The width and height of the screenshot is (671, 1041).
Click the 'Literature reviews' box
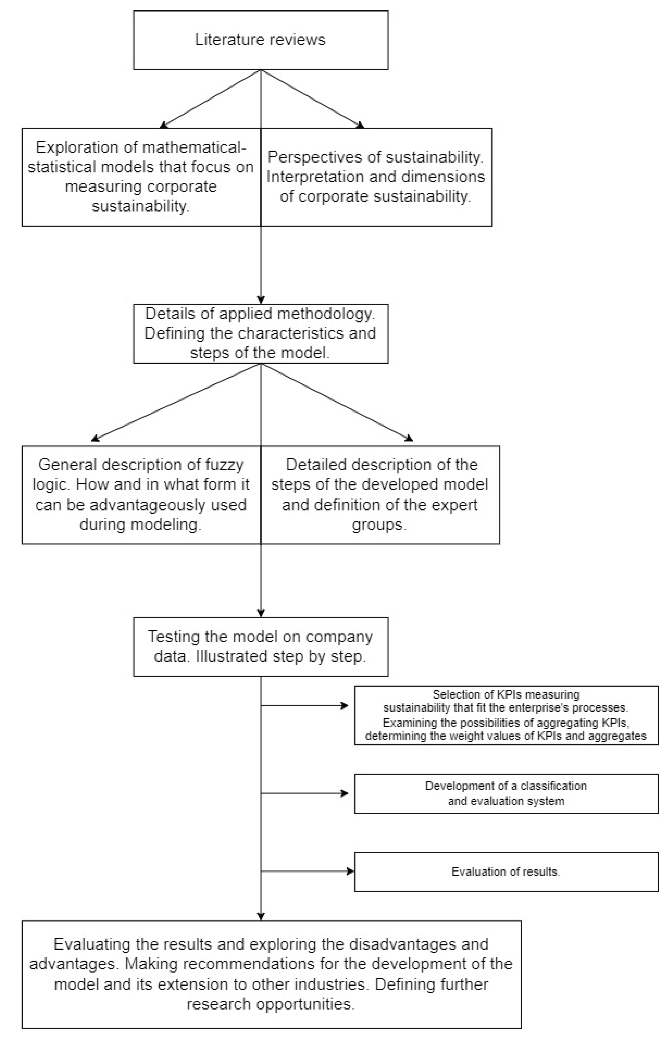coord(260,40)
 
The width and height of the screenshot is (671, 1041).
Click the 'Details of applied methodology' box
coord(260,333)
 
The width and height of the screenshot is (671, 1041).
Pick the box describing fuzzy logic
coord(141,495)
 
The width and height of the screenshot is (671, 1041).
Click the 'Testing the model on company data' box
coord(260,647)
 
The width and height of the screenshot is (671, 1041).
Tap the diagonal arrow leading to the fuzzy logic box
coord(177,402)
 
